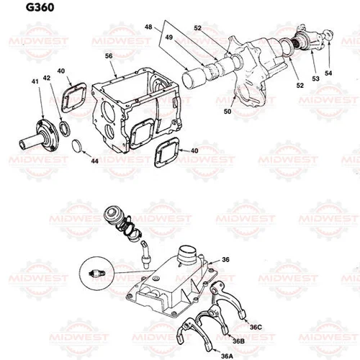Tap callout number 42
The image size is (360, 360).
click(x=46, y=77)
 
